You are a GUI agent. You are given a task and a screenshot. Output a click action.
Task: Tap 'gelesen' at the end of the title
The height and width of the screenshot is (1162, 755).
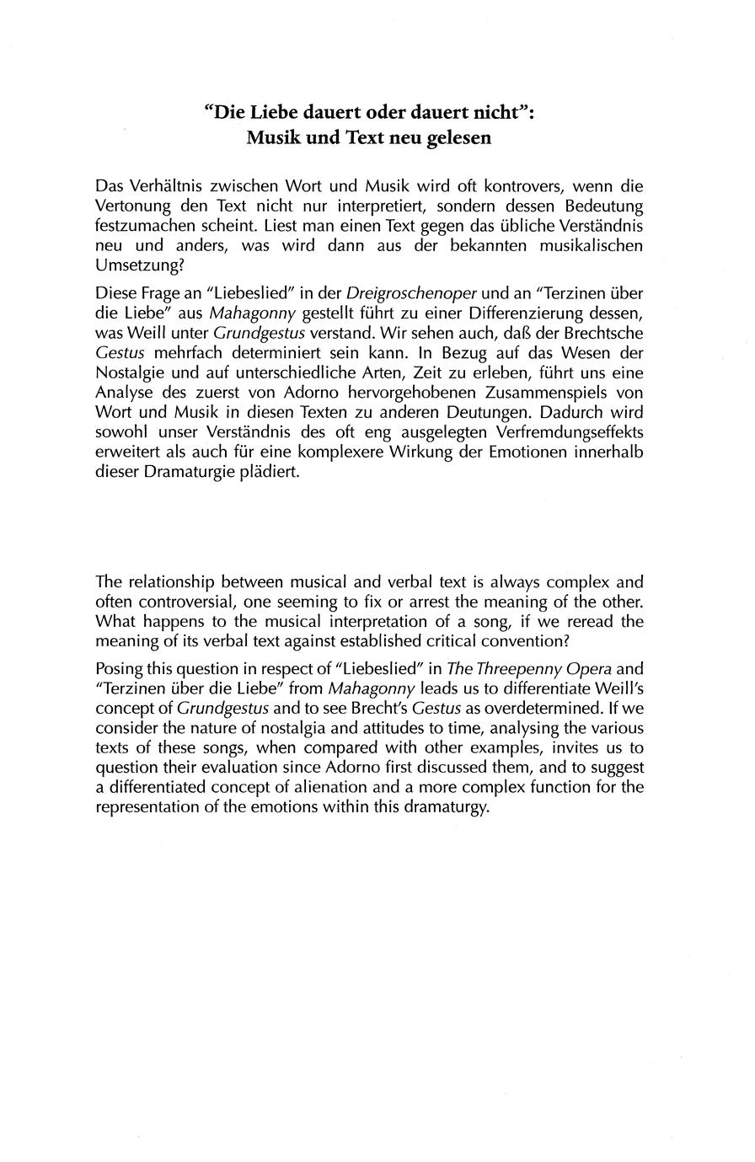(x=459, y=137)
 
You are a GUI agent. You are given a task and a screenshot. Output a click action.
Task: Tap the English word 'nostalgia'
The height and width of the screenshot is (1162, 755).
(x=313, y=727)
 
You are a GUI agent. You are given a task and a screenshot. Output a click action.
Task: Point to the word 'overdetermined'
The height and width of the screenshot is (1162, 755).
(x=490, y=707)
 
